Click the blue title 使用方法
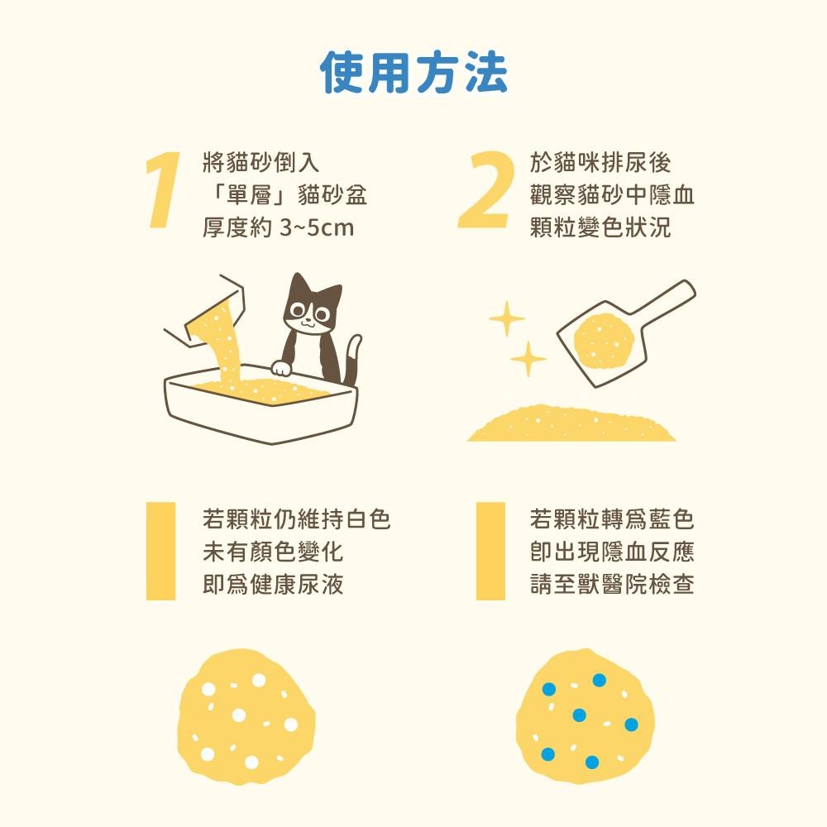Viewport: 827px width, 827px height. point(413,74)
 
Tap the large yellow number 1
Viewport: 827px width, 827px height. point(162,191)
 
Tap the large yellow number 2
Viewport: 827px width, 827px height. point(485,191)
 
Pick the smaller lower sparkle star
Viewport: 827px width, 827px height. point(527,359)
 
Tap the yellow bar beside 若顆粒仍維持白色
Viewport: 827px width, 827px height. point(160,551)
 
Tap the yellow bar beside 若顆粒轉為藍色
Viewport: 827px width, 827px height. point(490,551)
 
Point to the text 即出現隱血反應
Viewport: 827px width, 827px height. point(612,552)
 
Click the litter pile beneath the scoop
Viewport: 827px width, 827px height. point(571,424)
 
